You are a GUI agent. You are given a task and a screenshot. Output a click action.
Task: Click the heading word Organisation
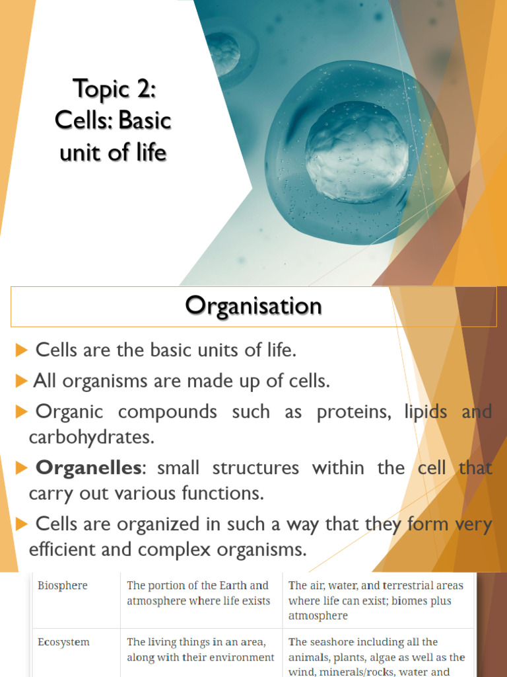pos(253,306)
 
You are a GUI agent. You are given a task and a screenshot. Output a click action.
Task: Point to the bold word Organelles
pos(88,467)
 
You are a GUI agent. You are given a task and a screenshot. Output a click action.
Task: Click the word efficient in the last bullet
pos(72,549)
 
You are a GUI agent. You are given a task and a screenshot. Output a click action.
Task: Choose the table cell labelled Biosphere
pos(62,585)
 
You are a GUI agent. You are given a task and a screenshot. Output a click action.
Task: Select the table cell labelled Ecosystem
pos(63,642)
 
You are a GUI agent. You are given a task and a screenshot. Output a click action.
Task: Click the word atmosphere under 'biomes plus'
pos(318,616)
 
